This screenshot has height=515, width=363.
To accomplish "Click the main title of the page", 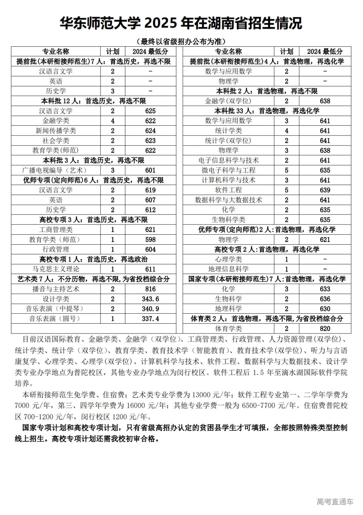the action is point(181,24).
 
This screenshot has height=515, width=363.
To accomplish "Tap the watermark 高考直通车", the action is point(335,502).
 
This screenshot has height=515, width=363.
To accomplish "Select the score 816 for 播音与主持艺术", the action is point(150,289).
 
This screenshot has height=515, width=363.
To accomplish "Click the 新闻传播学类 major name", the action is point(56,131).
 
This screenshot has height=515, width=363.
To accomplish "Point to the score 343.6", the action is point(150,299).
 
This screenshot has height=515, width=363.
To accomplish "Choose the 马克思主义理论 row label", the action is point(56,269).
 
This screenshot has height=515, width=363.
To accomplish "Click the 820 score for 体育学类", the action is point(325,328).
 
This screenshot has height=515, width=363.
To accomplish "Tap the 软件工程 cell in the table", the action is point(228,190).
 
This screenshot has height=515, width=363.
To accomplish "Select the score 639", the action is point(325,190).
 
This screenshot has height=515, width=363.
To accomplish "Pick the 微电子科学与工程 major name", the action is point(228,170).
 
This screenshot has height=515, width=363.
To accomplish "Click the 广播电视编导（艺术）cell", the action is point(56,170).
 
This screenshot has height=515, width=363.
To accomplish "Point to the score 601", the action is point(150,170).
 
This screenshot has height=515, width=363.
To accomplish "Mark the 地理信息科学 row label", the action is point(228,269).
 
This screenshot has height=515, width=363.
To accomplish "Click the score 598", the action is point(150,240).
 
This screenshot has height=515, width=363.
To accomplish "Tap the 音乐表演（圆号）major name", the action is point(56,319).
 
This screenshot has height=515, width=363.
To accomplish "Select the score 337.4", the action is point(150,319).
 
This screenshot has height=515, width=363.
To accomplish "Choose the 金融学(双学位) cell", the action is point(228,101).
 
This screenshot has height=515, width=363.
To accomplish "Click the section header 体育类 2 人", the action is point(267,319).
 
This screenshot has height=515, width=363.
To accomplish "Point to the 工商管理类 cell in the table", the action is point(56,230).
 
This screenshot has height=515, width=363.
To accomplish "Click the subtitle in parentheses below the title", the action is point(181,41).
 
